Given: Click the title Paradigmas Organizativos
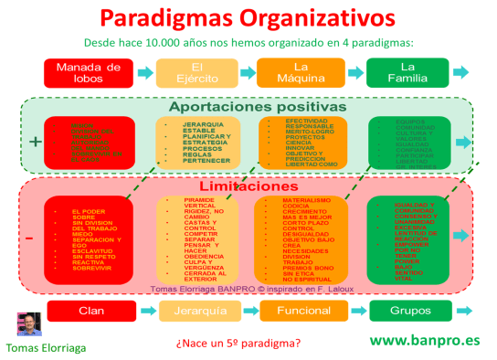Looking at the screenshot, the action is tap(248, 18).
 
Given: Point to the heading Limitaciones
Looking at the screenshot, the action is tap(248, 185).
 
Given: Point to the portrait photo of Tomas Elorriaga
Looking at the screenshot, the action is tap(29, 325).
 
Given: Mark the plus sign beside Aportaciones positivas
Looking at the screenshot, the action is tap(35, 142).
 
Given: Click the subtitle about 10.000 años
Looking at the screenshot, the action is tap(248, 42).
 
